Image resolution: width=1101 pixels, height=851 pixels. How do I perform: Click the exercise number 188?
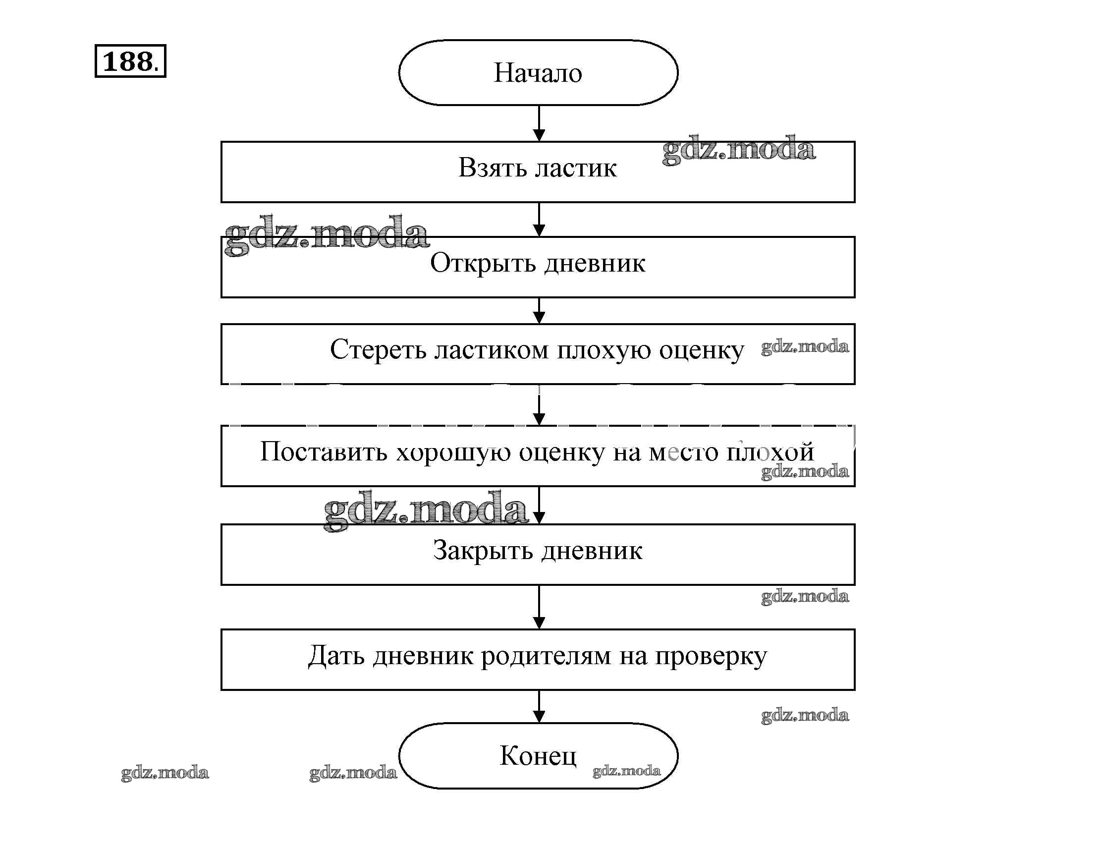pos(128,61)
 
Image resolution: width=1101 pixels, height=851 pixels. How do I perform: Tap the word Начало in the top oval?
pos(538,73)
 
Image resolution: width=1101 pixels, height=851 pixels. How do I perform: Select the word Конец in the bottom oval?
pos(538,755)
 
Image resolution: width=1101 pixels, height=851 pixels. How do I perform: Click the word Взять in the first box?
pos(492,168)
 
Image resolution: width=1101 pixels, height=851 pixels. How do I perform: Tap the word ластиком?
pos(492,349)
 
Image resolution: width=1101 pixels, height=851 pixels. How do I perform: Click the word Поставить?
pos(324,452)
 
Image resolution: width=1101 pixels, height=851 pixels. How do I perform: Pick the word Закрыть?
pos(483,551)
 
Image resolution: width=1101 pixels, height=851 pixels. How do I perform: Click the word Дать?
pos(336,656)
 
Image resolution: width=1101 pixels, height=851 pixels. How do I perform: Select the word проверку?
pos(711,657)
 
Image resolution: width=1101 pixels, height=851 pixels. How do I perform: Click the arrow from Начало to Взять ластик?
pos(539,123)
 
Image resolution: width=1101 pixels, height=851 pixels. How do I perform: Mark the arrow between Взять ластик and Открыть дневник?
pos(539,220)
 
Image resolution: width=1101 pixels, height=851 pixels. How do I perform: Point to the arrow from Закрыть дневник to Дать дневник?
pos(539,608)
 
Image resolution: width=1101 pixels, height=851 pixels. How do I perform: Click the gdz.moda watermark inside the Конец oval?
pos(626,771)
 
